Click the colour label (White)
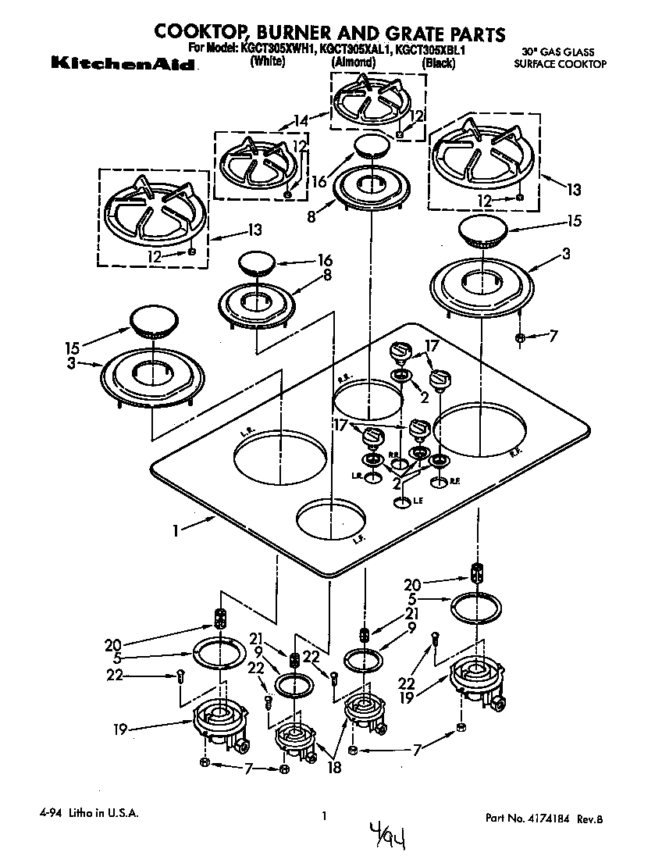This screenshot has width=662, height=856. tap(267, 62)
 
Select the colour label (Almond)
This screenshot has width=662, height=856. tap(353, 62)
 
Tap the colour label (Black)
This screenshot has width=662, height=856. tap(438, 63)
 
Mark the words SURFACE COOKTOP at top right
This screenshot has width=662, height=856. tap(560, 65)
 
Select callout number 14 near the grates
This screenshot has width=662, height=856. tap(300, 119)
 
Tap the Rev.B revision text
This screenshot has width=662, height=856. tap(590, 819)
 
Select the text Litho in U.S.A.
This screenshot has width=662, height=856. tap(101, 813)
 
